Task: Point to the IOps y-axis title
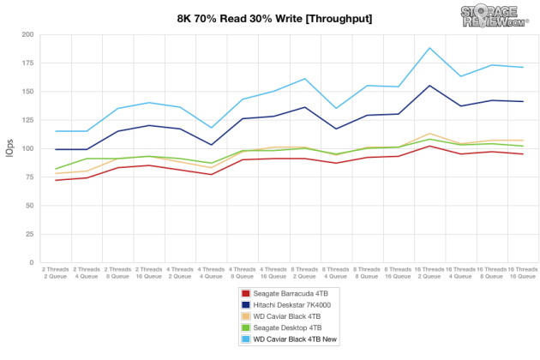10,148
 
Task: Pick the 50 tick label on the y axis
28,206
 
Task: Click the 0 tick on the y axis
31,262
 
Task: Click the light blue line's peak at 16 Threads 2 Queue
429,48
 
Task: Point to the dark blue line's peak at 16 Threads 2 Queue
429,86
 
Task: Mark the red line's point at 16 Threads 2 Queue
429,146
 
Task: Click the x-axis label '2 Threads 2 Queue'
56,272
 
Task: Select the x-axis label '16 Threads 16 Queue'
523,272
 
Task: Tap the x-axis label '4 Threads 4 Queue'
211,272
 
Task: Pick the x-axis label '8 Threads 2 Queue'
304,272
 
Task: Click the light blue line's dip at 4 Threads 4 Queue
211,128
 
